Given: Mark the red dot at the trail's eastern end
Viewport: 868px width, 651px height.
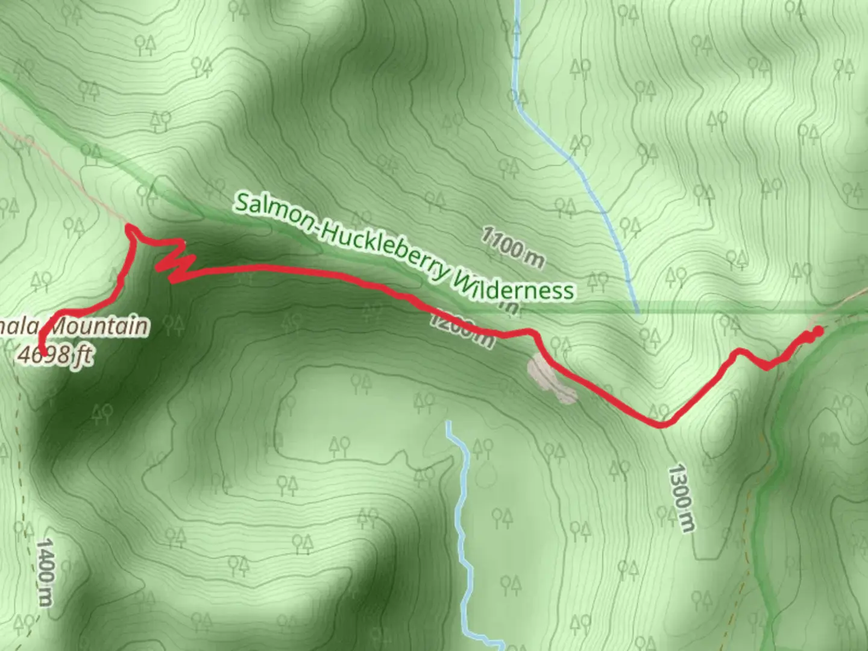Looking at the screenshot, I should [818, 330].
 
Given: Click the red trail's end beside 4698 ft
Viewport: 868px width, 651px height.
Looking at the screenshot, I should [43, 352].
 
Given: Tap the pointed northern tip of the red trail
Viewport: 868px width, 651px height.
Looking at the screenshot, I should [128, 227].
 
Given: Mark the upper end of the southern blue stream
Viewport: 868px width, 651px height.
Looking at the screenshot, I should [448, 423].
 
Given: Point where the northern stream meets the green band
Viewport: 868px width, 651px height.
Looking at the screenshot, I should [637, 308].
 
